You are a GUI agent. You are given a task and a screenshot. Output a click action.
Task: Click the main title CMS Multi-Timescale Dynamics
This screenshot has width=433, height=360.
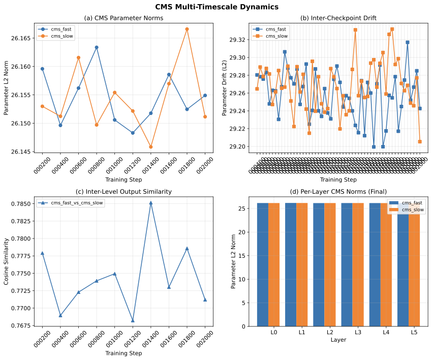coord(216,7)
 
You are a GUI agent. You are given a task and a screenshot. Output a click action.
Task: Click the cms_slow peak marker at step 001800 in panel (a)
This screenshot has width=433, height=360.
coord(187,29)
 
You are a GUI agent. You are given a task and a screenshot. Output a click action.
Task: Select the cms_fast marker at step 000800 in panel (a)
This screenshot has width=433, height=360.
coord(97,47)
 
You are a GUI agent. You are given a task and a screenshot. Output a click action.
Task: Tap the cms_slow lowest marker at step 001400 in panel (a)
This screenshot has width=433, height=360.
coord(151,147)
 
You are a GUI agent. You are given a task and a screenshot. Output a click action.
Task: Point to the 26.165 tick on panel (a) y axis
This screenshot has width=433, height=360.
coord(22,38)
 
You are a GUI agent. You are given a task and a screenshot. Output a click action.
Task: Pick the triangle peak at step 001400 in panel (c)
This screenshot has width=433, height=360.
coord(151,203)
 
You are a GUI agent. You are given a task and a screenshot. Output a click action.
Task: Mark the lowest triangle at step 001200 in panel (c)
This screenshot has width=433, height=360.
coord(133,320)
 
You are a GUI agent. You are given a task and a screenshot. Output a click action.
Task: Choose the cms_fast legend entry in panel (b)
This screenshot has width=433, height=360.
coord(274,29)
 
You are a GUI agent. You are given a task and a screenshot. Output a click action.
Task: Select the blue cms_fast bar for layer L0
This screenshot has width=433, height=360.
coord(263,264)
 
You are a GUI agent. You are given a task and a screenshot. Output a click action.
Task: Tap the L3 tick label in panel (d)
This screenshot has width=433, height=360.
coord(358,333)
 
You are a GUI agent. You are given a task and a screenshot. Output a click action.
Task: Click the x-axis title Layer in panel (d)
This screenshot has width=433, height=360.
coord(338,340)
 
